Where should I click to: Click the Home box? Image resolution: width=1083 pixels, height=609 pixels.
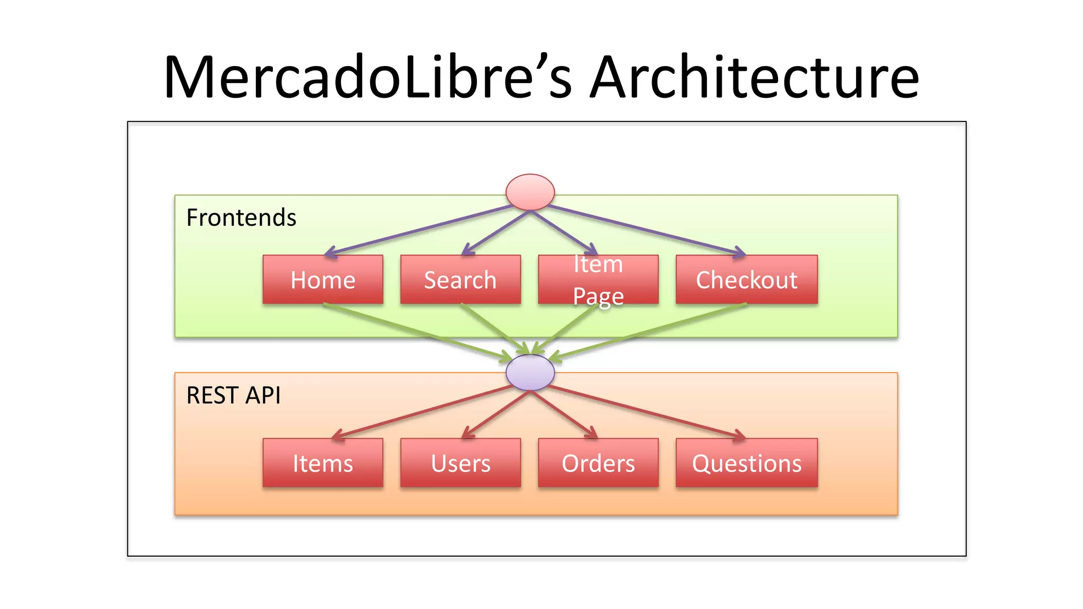coord(323,280)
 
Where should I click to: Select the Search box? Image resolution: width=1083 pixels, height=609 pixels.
coord(460,280)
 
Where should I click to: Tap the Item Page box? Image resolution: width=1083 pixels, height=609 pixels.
coord(598,280)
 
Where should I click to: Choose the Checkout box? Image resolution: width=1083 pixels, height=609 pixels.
coord(746,280)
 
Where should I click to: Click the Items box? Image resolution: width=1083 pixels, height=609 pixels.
coord(323,463)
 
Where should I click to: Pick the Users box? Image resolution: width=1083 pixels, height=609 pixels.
coord(460,463)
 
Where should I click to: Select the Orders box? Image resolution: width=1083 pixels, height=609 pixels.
coord(598,463)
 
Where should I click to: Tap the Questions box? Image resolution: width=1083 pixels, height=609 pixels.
coord(746,463)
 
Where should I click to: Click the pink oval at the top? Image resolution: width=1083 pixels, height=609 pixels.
coord(530,192)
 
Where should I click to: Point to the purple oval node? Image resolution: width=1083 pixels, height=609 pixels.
coord(530,373)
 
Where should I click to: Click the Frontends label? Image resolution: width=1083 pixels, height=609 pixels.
coord(241,218)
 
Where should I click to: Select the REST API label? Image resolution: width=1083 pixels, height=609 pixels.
coord(233,395)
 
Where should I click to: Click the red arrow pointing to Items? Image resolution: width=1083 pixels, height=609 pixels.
coord(423,412)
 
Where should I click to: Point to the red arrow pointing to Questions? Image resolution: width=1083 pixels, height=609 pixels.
coord(645,412)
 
